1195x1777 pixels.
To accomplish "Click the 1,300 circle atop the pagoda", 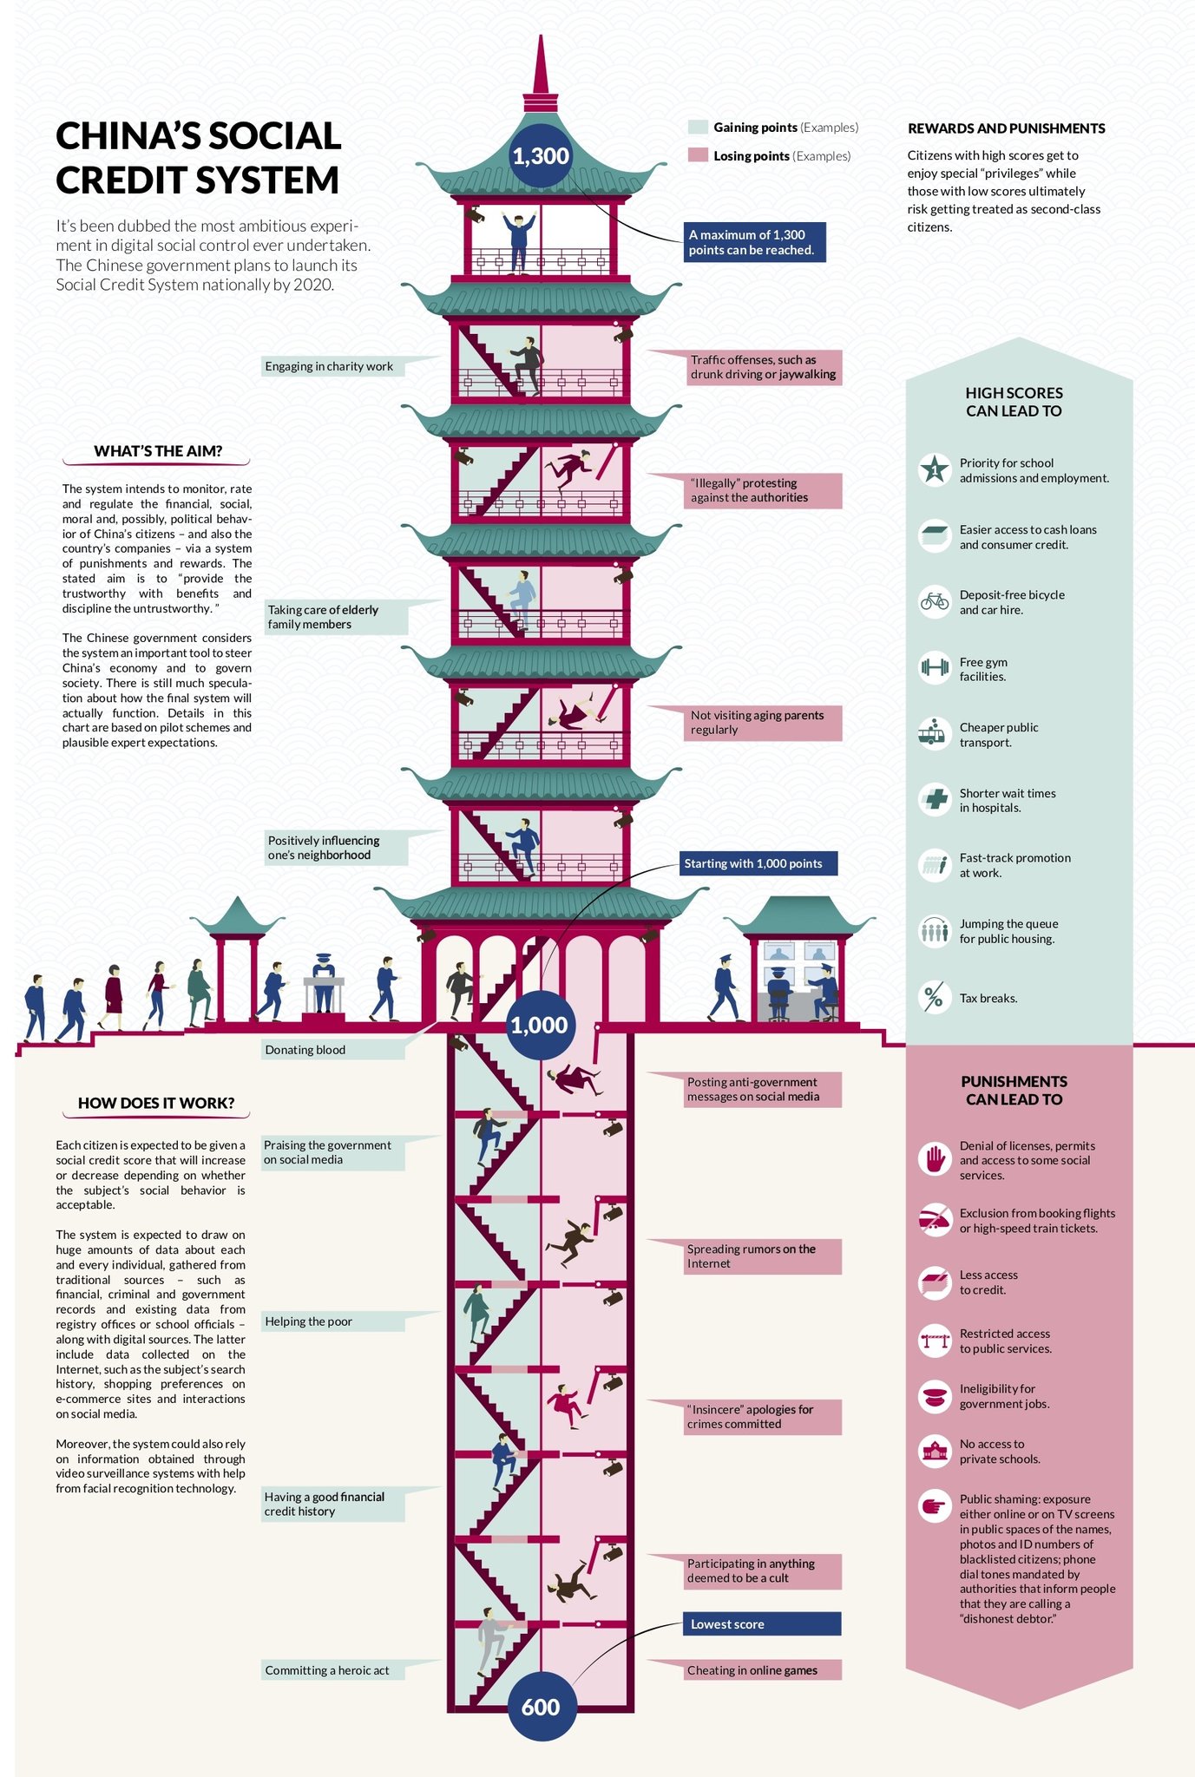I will [x=540, y=156].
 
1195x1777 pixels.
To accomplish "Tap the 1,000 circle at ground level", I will [x=539, y=1026].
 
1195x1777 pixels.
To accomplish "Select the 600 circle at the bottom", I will [x=540, y=1707].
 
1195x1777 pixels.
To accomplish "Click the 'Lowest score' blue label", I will [x=762, y=1624].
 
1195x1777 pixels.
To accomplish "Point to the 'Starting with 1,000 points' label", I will [x=758, y=863].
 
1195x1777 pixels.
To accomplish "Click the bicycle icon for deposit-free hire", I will [x=935, y=602].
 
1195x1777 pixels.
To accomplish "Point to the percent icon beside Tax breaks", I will [x=935, y=998].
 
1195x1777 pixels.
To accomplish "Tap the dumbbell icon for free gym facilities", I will [x=935, y=668].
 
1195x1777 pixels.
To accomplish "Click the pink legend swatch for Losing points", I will [x=698, y=155].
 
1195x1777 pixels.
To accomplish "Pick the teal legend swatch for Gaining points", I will [x=698, y=128].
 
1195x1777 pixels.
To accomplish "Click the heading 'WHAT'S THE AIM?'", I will [x=158, y=451].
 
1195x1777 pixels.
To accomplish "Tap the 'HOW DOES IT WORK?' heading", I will [x=156, y=1103].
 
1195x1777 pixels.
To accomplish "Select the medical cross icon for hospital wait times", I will [x=935, y=799].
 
